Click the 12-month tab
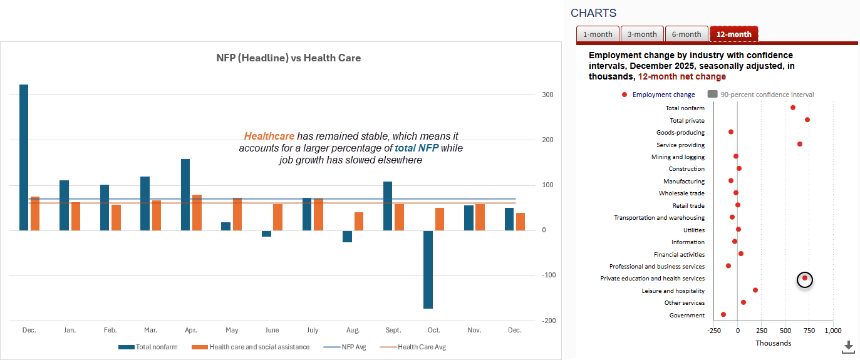(733, 34)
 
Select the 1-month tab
(598, 34)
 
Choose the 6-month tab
(686, 34)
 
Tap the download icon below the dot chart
(848, 347)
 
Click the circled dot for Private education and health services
(805, 279)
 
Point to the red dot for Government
(723, 315)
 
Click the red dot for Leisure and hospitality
(755, 291)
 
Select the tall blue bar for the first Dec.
(24, 157)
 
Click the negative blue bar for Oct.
(428, 269)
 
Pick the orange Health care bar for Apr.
(197, 212)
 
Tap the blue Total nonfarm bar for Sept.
(388, 206)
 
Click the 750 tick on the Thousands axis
(809, 331)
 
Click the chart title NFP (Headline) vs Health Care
(288, 58)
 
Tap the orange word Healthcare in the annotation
(269, 136)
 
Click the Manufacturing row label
(683, 181)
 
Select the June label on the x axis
(272, 330)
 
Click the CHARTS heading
(593, 13)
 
